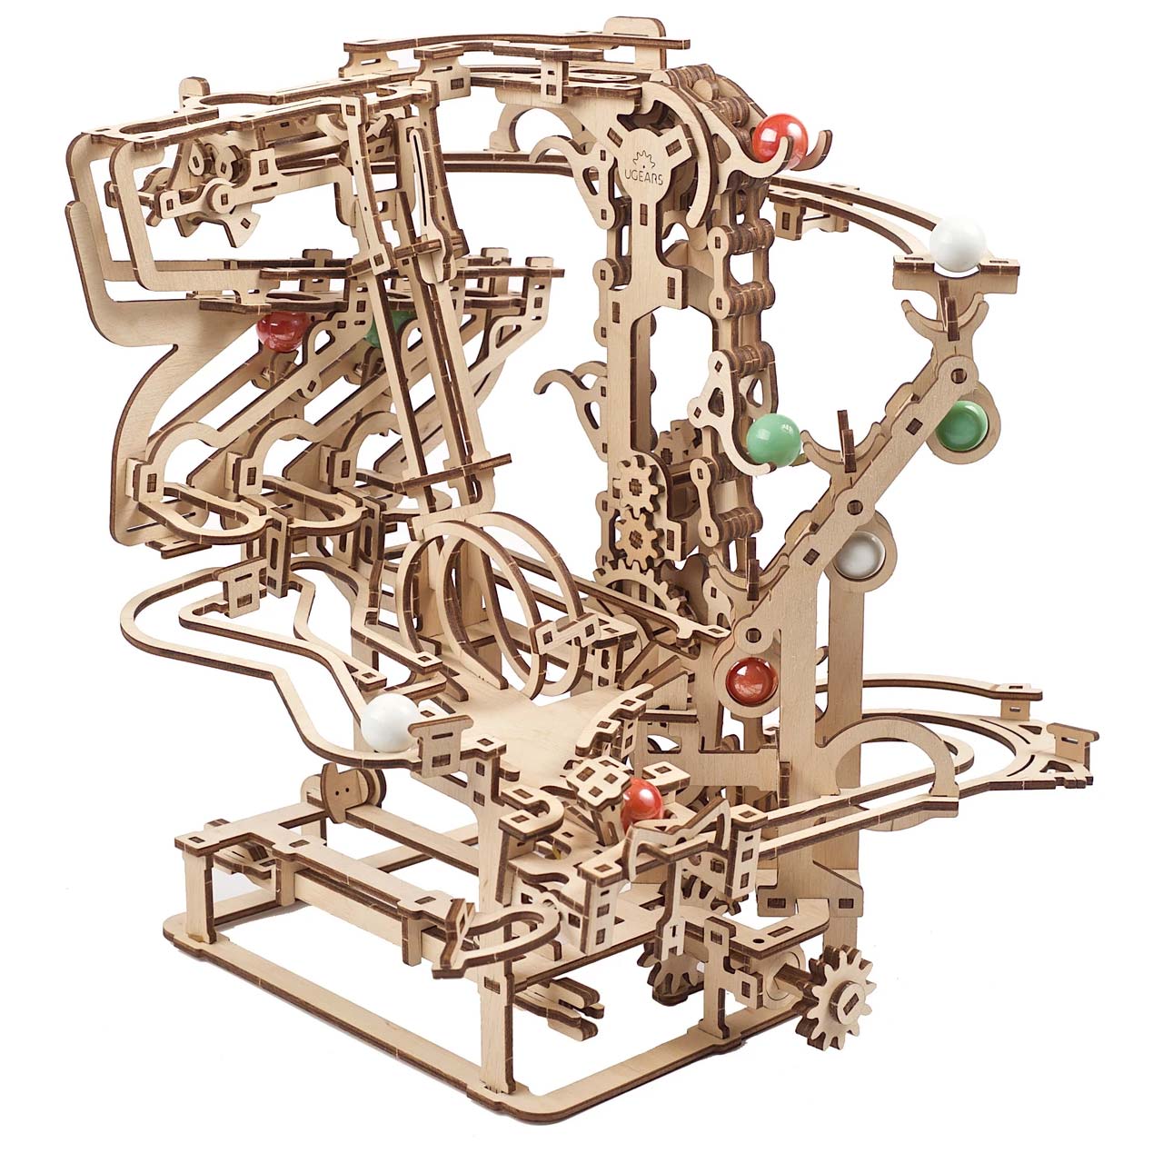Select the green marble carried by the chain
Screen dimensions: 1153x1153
point(772,439)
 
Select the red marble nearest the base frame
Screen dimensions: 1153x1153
point(642,800)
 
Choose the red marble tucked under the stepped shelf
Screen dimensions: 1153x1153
point(276,332)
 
